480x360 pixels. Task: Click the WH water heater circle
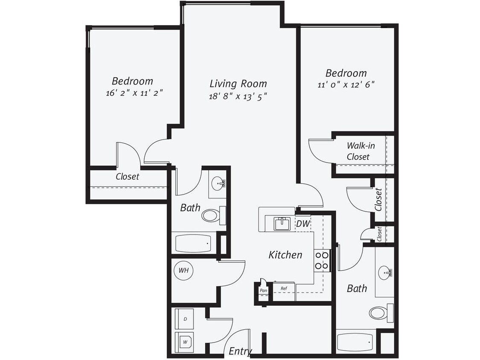coord(183,270)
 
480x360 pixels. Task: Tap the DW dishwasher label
coord(303,224)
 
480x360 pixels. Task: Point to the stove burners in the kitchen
coord(322,261)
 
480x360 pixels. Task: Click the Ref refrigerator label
coord(284,289)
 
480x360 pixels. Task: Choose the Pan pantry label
coord(263,290)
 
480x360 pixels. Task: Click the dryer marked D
coord(185,319)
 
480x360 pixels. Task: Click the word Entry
coord(240,351)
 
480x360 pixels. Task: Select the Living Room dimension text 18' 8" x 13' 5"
coord(238,96)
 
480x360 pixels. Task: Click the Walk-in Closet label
coord(358,151)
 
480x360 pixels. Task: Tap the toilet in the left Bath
coord(210,215)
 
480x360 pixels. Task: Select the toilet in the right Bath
coord(378,313)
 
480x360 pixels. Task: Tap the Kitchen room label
coord(285,255)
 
